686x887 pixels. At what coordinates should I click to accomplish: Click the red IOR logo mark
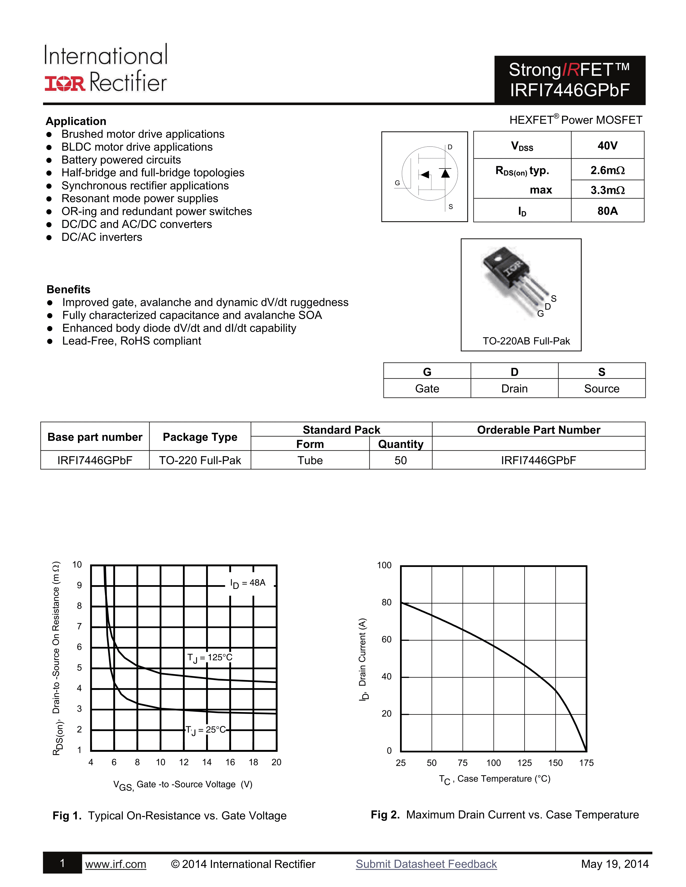(x=65, y=83)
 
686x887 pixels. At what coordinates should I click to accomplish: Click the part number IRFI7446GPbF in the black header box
(x=570, y=90)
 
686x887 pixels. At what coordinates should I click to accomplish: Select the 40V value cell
(x=607, y=145)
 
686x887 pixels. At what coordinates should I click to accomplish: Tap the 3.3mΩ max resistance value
(x=607, y=190)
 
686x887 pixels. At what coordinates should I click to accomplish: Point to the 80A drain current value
(x=607, y=211)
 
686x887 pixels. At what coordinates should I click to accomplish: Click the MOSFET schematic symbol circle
(x=430, y=173)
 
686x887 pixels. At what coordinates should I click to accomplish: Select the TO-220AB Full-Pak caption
(x=526, y=341)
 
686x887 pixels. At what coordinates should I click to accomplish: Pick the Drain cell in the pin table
(x=514, y=389)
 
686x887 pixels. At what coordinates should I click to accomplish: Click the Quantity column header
(x=400, y=444)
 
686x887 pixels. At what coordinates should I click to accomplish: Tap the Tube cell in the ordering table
(x=310, y=460)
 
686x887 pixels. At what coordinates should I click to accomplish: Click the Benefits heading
(x=68, y=289)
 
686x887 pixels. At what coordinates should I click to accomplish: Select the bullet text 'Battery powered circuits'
(x=121, y=160)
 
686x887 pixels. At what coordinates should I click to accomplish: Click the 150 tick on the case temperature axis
(x=555, y=763)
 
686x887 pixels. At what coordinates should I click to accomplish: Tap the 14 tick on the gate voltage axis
(x=207, y=762)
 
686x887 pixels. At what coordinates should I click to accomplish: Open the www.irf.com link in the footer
(x=115, y=864)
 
